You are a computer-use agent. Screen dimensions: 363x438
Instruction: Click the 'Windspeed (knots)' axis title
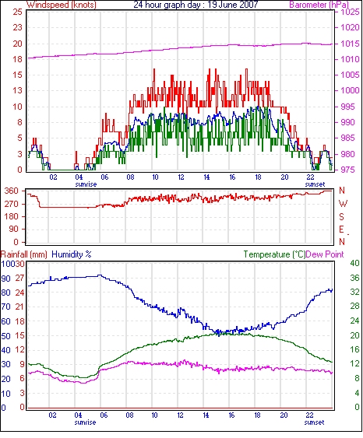click(62, 5)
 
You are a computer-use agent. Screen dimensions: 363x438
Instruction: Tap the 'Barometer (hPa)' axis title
click(319, 5)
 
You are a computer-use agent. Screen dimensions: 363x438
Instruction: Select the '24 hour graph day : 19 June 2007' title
click(196, 5)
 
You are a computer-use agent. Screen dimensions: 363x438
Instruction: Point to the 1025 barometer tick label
click(350, 12)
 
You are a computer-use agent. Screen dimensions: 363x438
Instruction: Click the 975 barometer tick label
click(350, 170)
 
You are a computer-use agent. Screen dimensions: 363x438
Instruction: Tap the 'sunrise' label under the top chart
click(86, 184)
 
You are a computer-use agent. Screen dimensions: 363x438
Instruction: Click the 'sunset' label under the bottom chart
click(315, 422)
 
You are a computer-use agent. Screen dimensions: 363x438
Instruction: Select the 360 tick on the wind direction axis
click(12, 191)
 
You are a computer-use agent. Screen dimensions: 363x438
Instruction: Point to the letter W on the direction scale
click(343, 204)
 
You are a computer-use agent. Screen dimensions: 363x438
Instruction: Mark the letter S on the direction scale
click(341, 216)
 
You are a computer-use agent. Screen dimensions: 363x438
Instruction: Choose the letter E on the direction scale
click(341, 230)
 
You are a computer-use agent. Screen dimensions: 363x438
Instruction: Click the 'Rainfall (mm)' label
click(24, 254)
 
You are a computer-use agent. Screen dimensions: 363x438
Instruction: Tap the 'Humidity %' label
click(72, 254)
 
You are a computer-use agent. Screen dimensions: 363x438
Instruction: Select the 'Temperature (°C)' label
click(274, 254)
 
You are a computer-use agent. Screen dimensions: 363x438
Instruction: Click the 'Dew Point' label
click(325, 254)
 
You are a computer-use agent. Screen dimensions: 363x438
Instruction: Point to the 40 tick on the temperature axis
click(355, 263)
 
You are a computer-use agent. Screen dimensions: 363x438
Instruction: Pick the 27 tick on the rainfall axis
click(19, 278)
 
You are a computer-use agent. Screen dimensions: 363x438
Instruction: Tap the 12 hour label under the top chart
click(181, 177)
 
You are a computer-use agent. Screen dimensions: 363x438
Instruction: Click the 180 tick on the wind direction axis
click(12, 216)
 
